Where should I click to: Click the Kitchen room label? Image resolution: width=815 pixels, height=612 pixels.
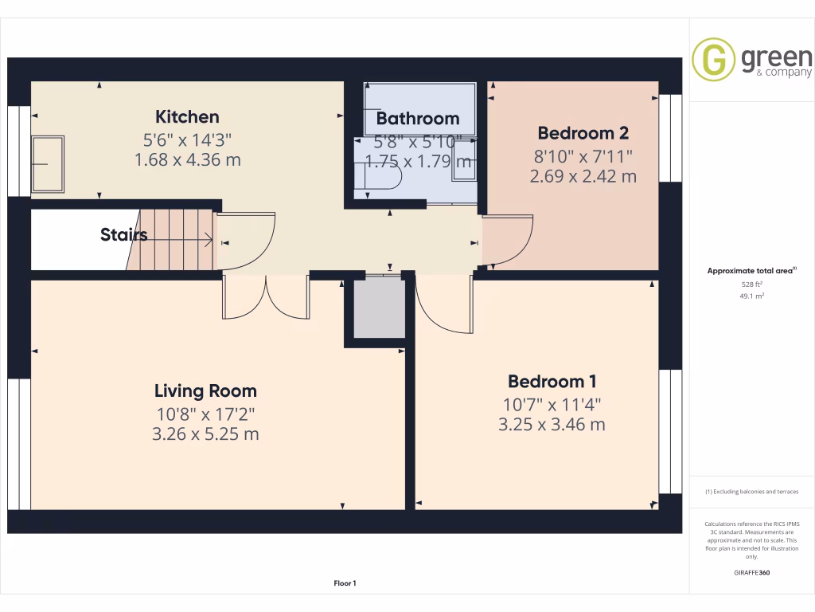187,117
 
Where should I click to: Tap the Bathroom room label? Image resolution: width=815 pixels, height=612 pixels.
418,119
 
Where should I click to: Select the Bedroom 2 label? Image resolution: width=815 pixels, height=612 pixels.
583,133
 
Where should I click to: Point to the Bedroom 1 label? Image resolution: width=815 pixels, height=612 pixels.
552,381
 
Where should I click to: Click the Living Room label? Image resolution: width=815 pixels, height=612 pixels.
205,390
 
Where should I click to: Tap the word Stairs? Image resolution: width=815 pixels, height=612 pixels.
123,235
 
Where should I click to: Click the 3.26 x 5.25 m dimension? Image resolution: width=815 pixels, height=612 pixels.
205,434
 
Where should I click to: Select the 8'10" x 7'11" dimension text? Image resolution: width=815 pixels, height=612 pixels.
583,155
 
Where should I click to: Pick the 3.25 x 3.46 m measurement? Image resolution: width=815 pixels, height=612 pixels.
552,425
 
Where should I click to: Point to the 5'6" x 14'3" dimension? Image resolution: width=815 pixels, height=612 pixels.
187,139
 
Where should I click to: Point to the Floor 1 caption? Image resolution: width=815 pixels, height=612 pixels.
345,584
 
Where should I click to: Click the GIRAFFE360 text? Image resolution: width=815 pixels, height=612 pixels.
751,573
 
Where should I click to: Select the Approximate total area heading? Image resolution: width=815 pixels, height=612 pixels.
751,271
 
